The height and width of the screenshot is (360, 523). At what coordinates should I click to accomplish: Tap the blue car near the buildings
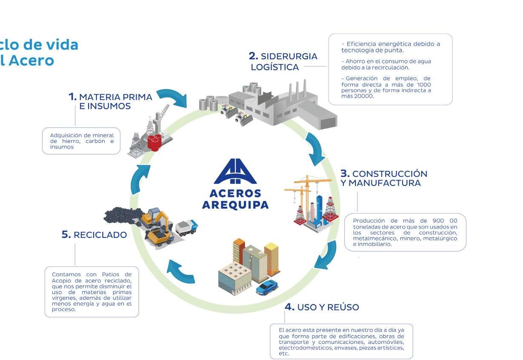click(267, 288)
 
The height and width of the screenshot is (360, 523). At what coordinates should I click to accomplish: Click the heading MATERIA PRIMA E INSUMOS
click(111, 101)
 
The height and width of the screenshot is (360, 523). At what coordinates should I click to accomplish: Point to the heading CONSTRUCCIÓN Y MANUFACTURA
click(383, 178)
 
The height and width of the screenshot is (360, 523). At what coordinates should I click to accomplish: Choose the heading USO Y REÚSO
click(322, 307)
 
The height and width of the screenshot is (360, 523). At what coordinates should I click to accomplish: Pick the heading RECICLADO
click(94, 235)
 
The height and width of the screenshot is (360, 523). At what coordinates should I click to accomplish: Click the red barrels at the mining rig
click(155, 142)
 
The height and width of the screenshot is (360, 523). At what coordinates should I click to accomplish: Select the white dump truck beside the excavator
click(187, 226)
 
